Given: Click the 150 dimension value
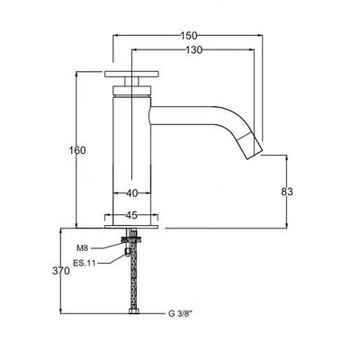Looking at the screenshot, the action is [189, 36].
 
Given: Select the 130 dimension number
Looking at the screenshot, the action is [193, 50].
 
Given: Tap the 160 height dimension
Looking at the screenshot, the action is [77, 150].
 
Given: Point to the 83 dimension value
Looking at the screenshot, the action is [287, 192].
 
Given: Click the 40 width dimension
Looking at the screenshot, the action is [131, 193].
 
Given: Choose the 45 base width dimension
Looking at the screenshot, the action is [131, 215].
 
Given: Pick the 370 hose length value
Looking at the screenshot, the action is [61, 271].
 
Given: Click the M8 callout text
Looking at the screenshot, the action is [82, 248].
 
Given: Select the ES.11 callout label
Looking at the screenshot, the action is [85, 264].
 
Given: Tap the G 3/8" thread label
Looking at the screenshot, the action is [180, 314].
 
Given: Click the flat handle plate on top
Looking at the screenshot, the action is [131, 74].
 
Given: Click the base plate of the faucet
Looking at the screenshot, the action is [131, 227].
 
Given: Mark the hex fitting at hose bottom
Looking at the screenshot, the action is [133, 311].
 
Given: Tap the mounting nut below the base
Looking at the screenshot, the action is [131, 239].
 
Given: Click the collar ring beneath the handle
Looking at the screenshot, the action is [131, 90].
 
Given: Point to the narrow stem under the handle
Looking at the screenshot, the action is [131, 81].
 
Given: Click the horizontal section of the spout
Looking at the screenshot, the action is [183, 115].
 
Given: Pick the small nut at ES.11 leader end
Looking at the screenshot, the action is [127, 252].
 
